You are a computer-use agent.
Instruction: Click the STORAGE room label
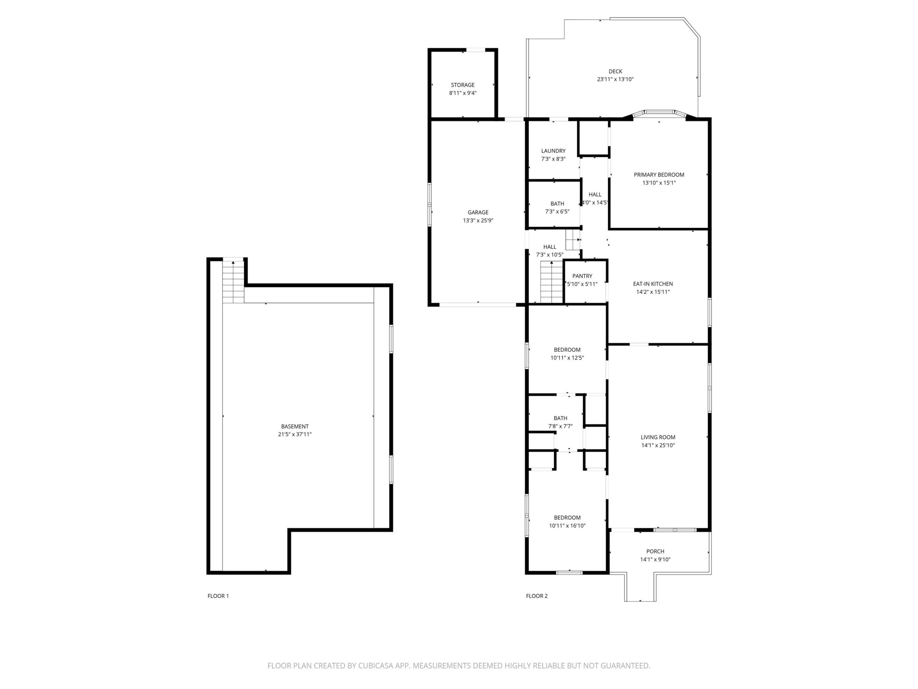[x=462, y=85]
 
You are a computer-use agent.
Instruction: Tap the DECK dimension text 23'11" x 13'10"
[x=615, y=79]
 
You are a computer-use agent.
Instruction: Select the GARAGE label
[x=478, y=212]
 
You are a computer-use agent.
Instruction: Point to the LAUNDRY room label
[x=553, y=151]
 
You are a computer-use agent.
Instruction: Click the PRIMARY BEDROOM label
[x=659, y=175]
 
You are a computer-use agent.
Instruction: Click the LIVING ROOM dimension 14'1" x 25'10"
[x=658, y=445]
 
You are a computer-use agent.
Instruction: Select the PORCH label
[x=655, y=552]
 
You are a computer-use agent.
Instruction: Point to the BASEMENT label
[x=295, y=427]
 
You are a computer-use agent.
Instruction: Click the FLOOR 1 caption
[x=218, y=596]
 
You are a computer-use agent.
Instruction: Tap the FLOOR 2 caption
[x=536, y=596]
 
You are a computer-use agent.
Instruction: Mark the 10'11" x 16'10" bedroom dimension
[x=567, y=526]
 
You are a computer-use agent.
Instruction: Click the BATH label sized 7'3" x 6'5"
[x=557, y=203]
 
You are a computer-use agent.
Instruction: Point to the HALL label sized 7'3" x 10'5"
[x=549, y=247]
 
